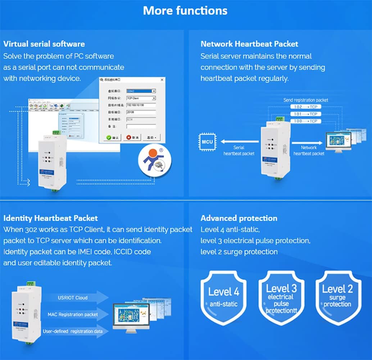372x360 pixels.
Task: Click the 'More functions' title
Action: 185,10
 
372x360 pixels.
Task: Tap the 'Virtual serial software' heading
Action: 44,44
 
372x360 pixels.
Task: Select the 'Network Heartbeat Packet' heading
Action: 249,44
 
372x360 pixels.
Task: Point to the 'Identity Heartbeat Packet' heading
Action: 50,218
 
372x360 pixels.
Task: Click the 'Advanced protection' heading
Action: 239,218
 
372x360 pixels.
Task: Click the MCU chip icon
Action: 207,141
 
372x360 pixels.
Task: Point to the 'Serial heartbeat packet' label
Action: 239,150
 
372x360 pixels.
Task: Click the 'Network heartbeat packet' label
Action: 309,150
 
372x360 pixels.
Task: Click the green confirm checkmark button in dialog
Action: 113,137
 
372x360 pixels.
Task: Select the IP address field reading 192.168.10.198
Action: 141,105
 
